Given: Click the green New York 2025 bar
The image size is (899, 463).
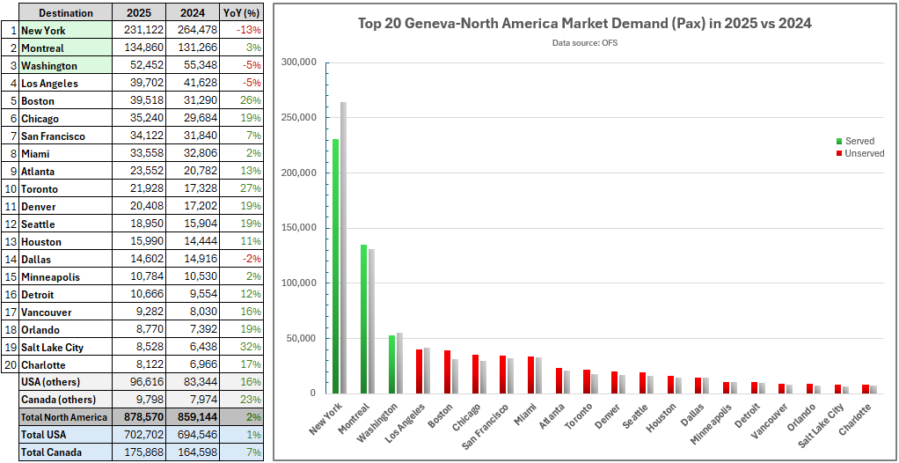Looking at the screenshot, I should [335, 266].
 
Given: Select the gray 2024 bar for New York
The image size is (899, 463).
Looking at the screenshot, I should [343, 247].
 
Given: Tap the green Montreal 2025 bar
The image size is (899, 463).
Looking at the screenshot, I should [363, 319].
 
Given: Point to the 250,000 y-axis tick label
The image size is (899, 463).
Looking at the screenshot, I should [298, 118].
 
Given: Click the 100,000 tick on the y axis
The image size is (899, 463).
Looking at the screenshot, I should [298, 283].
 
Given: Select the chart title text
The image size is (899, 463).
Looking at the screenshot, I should [584, 23].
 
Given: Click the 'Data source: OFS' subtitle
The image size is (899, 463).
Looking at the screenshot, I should [585, 42].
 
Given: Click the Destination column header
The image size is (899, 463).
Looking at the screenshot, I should [66, 13].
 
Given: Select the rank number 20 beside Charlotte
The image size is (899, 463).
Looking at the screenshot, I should [10, 364].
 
